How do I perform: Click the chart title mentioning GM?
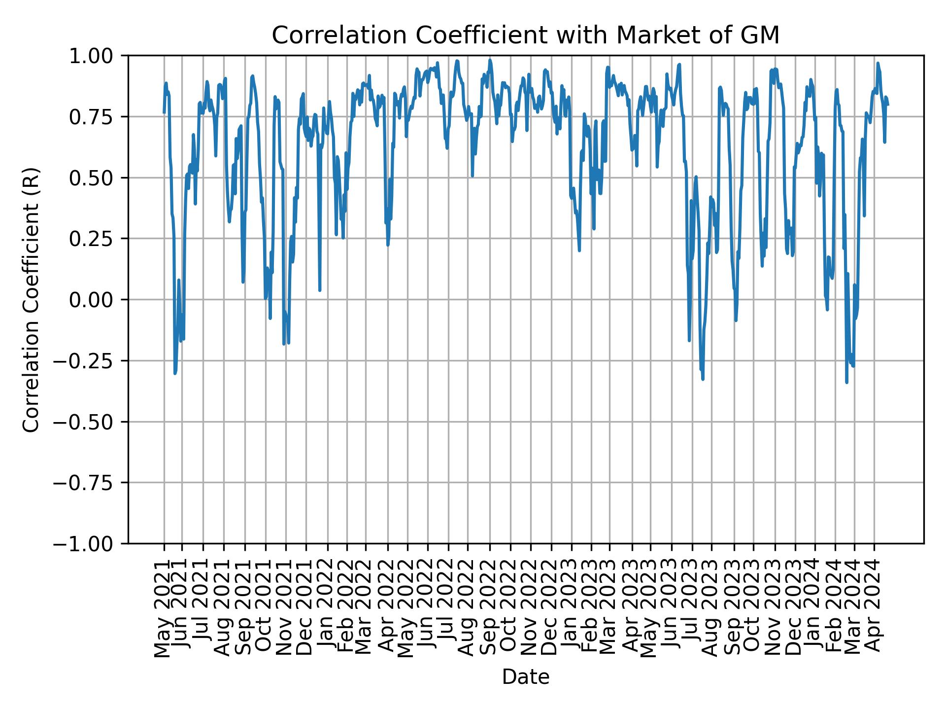tap(525, 35)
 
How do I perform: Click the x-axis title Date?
tap(525, 677)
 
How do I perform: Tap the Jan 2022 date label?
tap(327, 608)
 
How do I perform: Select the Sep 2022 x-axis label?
tap(489, 608)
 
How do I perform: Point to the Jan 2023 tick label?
tap(571, 608)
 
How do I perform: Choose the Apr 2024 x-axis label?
tap(874, 608)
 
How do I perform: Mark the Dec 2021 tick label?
tap(305, 608)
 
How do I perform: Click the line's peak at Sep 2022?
tap(490, 60)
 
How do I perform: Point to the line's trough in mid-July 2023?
tap(703, 379)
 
